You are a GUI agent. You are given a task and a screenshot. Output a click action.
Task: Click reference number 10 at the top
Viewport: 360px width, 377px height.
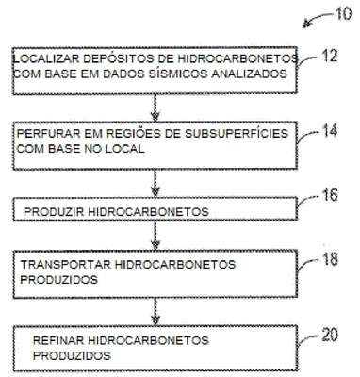(343, 14)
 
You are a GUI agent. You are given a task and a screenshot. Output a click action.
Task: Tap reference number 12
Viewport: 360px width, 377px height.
(330, 56)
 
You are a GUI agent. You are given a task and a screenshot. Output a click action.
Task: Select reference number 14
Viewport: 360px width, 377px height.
(330, 131)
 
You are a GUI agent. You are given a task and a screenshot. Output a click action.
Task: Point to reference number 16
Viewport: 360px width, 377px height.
(330, 195)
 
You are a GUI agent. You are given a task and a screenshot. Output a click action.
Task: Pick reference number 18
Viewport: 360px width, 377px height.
(330, 259)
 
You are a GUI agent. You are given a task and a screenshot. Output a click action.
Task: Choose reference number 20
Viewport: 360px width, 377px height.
(330, 335)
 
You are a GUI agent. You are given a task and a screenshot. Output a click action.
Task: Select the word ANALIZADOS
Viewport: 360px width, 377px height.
(249, 74)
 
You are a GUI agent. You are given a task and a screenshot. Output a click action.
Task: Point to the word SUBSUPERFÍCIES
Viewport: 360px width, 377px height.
(237, 133)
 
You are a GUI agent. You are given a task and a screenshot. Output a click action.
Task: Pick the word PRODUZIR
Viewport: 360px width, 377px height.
(54, 212)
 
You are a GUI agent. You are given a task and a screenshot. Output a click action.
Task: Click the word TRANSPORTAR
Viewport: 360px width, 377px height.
(66, 265)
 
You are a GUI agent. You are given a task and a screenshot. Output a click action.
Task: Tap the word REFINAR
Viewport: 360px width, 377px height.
(58, 340)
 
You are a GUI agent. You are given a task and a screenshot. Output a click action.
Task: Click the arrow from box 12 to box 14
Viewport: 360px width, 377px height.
(155, 107)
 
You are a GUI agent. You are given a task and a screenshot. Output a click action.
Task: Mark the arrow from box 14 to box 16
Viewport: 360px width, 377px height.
(155, 183)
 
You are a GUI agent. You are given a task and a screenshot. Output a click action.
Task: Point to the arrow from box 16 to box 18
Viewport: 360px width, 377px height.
(155, 235)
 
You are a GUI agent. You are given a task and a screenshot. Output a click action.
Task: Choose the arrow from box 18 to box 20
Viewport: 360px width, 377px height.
(155, 311)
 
